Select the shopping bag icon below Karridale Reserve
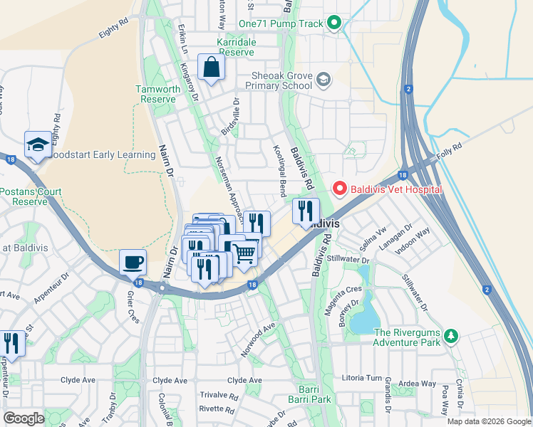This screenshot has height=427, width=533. click(212, 68)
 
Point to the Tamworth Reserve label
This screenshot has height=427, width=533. click(156, 94)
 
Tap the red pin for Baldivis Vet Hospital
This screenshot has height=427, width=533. click(340, 189)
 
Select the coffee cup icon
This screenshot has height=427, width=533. click(133, 262)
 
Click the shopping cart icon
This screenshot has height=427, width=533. click(244, 253)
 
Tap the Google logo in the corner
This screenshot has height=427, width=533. click(24, 418)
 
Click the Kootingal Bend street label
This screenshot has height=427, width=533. click(279, 169)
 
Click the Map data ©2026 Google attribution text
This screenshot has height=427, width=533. click(488, 421)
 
